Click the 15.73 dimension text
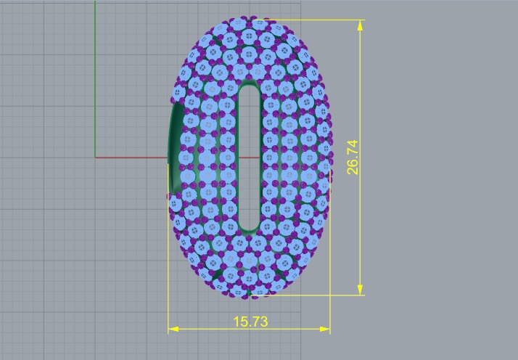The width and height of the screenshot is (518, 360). (250, 321)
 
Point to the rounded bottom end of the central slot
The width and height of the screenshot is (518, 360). (250, 226)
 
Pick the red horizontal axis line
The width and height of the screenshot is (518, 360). (131, 156)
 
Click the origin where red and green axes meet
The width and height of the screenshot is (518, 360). (95, 156)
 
